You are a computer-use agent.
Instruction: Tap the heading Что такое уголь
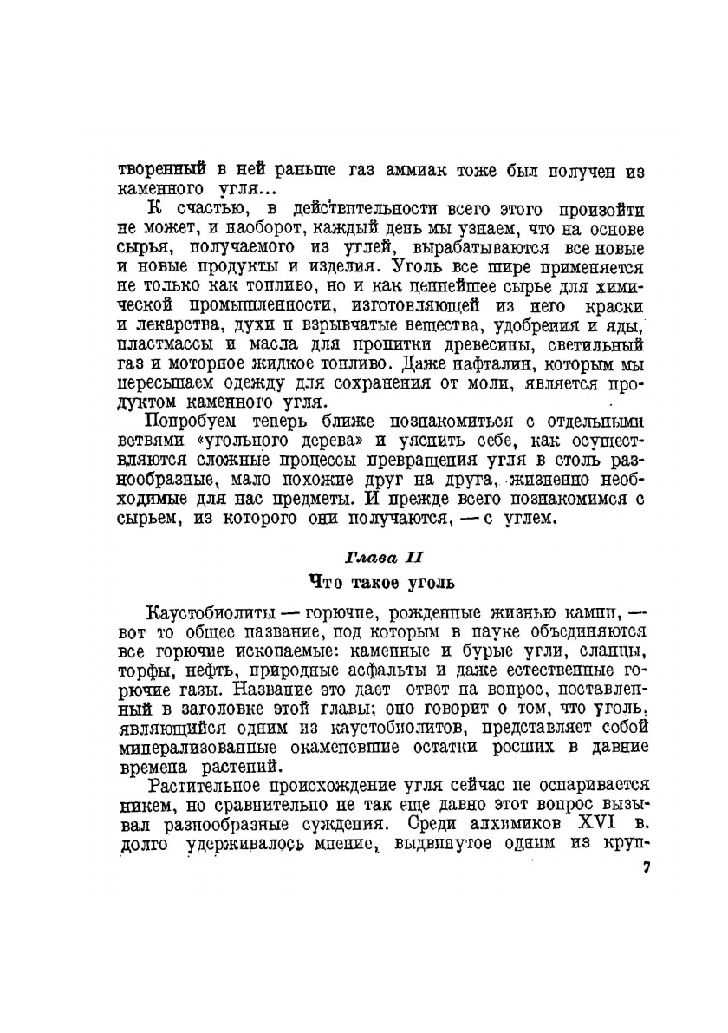pyautogui.click(x=382, y=580)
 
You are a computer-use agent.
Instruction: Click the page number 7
pyautogui.click(x=646, y=868)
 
